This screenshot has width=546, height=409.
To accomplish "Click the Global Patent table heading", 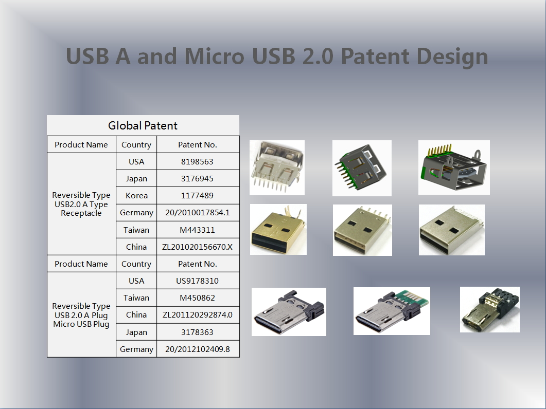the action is pos(143,125).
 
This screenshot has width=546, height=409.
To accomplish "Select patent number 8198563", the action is pos(197,162).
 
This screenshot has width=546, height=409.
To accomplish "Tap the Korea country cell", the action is pos(136,195).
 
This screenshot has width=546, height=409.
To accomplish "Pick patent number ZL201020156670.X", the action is pos(197,247).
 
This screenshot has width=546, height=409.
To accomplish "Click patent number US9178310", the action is pos(197,281).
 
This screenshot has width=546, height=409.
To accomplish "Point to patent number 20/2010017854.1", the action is pos(198,213).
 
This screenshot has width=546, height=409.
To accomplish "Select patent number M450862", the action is pos(197,298).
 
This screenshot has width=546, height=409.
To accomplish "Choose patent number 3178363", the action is pos(197,332).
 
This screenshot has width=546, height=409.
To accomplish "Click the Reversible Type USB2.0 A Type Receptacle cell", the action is pos(81,204).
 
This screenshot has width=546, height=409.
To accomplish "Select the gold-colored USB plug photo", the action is pos(278,230).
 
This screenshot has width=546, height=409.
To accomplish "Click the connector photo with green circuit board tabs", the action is pos(392,311).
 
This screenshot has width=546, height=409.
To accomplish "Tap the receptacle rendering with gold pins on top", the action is pos(454,168).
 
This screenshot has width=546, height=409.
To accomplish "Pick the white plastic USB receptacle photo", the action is pos(277,168).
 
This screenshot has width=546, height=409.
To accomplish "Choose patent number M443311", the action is pos(197,230).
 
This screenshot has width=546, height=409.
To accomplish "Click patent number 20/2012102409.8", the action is pos(198,349).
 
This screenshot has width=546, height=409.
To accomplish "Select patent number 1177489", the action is pos(197,195).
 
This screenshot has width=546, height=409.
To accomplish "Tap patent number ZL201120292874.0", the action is pos(198,315).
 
